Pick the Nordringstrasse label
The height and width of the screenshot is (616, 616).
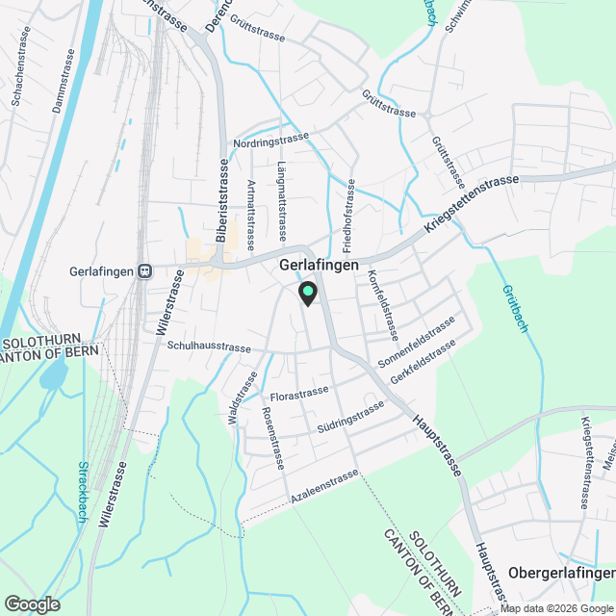pos(270,141)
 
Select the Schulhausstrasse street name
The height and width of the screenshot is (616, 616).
pos(209,346)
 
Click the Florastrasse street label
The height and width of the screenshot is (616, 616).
pos(299,394)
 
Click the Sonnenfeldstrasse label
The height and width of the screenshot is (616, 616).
pos(417,342)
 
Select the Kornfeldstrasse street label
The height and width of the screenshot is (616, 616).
pos(382,304)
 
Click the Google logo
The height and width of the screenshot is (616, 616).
pos(32,603)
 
